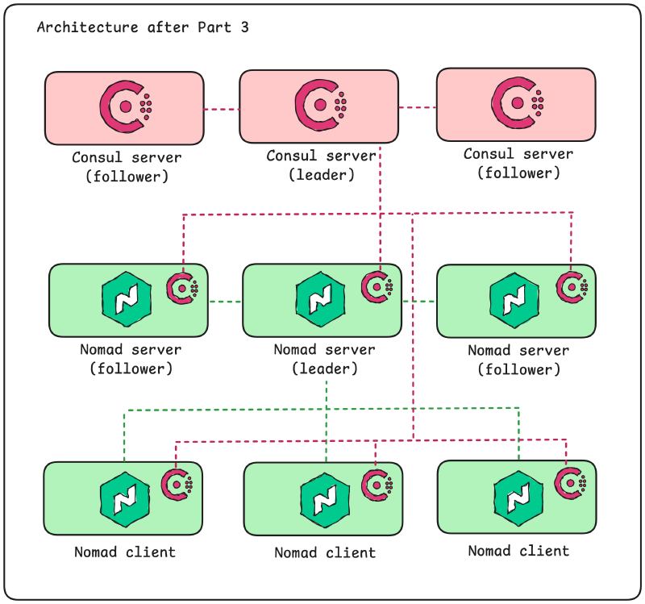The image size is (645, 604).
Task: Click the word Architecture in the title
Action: [87, 27]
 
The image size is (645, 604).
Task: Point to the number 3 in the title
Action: [244, 27]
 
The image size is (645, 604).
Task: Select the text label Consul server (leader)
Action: [321, 165]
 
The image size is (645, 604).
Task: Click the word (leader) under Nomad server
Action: [324, 369]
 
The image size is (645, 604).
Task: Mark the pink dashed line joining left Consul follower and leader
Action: [222, 109]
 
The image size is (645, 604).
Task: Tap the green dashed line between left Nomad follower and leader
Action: [225, 302]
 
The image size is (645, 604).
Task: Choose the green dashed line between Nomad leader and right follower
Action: [419, 302]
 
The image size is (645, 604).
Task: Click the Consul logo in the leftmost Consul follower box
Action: [125, 106]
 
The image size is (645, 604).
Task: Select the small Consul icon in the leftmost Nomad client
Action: [177, 484]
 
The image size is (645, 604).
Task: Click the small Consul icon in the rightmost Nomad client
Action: [570, 482]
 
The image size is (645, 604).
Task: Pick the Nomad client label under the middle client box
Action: [324, 553]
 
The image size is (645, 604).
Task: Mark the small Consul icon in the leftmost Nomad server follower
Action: [183, 288]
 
